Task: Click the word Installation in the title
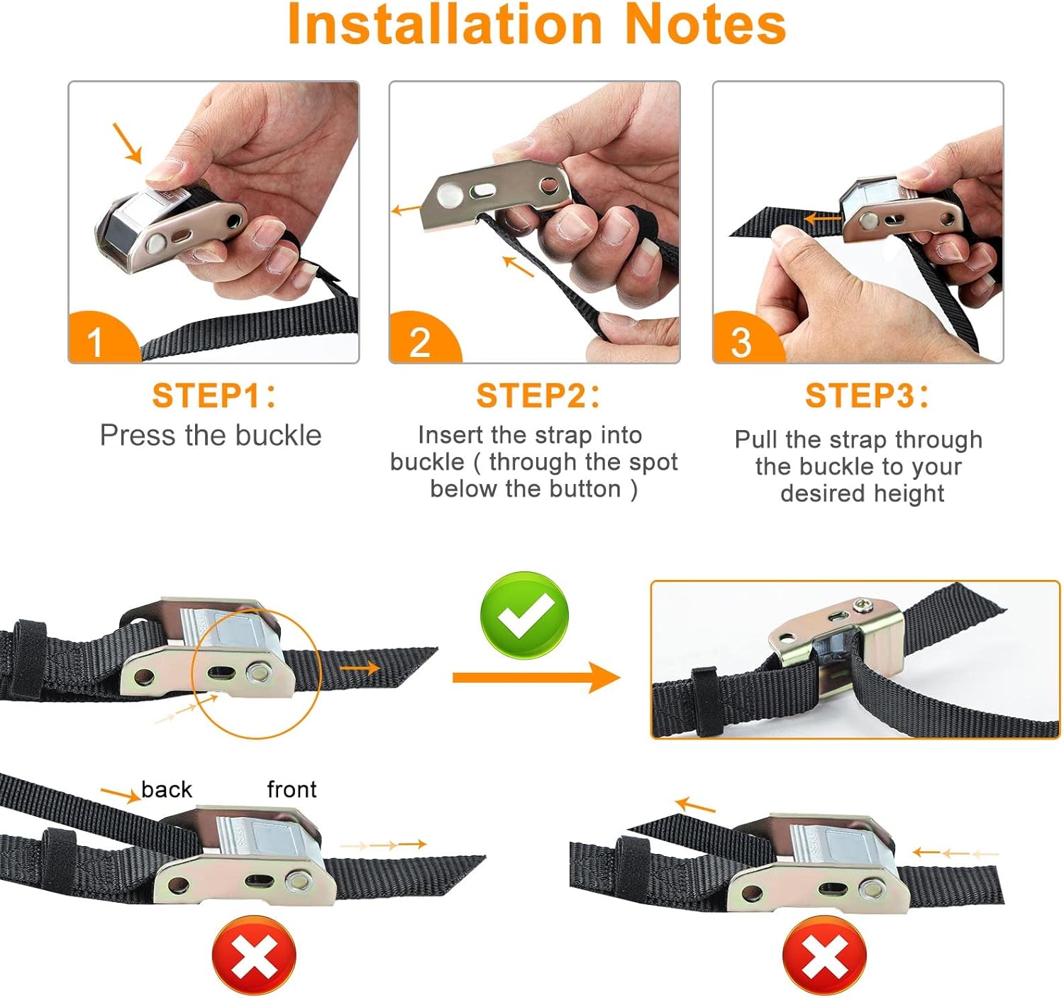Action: click(445, 25)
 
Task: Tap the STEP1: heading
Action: click(214, 395)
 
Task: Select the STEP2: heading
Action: click(538, 395)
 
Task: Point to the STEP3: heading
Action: click(866, 395)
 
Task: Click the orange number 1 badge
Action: click(102, 339)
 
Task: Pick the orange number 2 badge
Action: click(423, 339)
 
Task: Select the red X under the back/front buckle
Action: click(254, 955)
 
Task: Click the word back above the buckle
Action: click(167, 789)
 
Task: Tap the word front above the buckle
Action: click(292, 789)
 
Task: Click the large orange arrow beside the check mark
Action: click(536, 678)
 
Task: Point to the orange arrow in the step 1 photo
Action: click(127, 143)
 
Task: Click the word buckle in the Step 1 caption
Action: click(279, 435)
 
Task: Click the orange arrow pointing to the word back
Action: click(120, 795)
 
